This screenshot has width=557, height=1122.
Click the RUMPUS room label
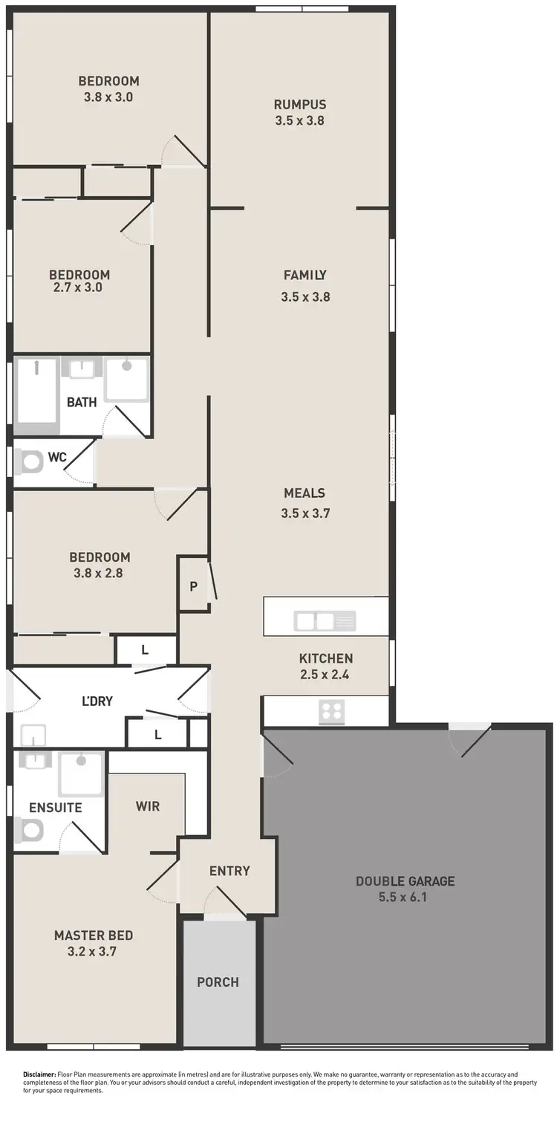coord(299,105)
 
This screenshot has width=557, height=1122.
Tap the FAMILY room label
coord(304,275)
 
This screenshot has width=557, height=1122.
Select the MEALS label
coord(304,493)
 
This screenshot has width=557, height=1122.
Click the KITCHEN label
coord(325,658)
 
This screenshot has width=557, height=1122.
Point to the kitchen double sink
coord(325,620)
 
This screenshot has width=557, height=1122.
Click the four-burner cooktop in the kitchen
coord(331,712)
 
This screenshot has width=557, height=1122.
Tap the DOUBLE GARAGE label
coord(405,881)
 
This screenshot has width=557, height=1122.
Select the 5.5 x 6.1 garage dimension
coord(405,897)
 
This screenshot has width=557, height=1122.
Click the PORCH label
coord(218,982)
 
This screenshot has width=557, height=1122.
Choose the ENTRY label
coord(229,871)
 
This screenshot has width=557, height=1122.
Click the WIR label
coord(148,806)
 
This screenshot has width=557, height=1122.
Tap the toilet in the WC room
coord(30,463)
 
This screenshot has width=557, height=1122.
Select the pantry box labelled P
coord(193,586)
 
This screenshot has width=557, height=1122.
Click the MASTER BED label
coord(94,935)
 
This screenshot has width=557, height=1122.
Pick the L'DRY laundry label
coord(97,701)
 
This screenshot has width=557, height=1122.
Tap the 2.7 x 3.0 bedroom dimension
coord(77,288)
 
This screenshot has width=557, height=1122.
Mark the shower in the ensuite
coord(82,773)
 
